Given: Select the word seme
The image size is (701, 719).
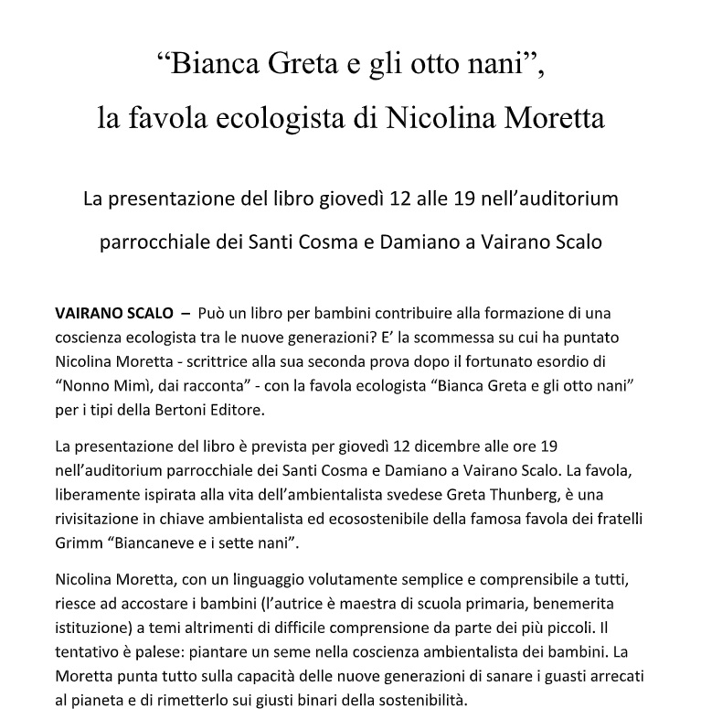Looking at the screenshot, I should pyautogui.click(x=332, y=654).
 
